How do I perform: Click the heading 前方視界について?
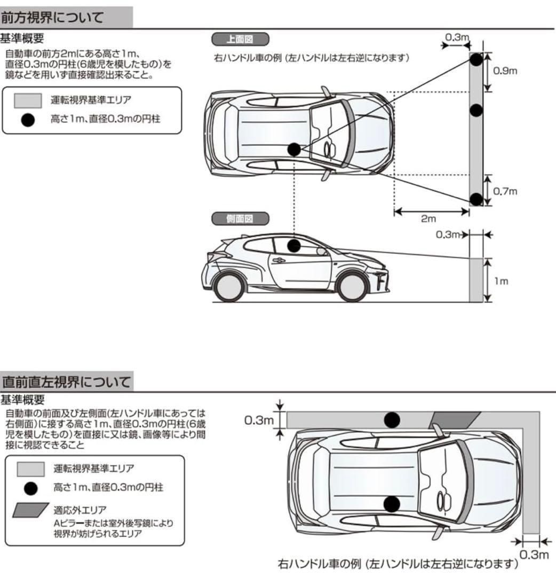coord(52,17)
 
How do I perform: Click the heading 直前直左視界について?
coord(66,382)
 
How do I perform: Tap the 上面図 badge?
coord(240,39)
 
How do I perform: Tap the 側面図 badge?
coord(240,219)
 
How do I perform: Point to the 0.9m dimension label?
coord(504,71)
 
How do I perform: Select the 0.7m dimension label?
coord(504,191)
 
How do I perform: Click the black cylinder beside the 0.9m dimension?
coord(476,59)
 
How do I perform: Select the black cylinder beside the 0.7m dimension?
coord(476,200)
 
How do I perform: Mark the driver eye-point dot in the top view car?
coord(294,150)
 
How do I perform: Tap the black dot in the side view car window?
coord(293,245)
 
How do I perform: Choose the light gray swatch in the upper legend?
coord(28,100)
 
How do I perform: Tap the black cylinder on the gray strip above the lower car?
coord(392,420)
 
